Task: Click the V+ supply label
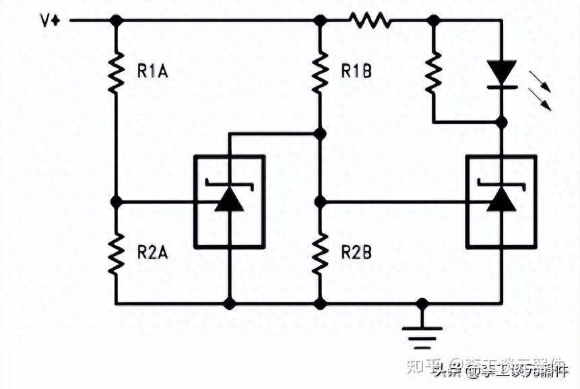tap(50, 20)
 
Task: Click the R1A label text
tap(152, 70)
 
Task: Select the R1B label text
tap(356, 70)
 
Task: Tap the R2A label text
tap(152, 252)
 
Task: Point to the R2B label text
tap(356, 252)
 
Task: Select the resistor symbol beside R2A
tap(116, 252)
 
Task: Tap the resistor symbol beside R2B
tap(320, 252)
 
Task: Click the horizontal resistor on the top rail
tap(370, 21)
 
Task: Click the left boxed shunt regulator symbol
tap(229, 201)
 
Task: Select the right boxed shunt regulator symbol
tap(501, 201)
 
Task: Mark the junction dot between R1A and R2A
tap(116, 201)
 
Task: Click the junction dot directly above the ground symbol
tap(422, 304)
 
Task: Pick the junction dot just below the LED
tap(501, 122)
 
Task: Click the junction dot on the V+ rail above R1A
tap(116, 21)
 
